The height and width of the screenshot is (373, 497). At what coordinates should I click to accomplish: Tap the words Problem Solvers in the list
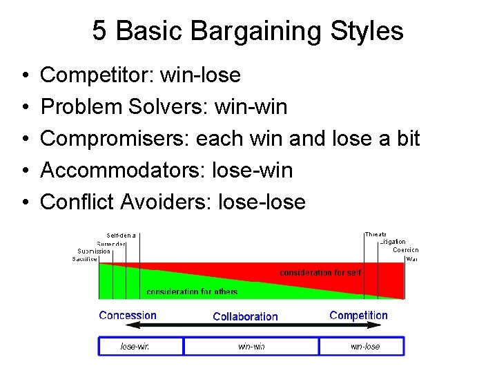pos(121,106)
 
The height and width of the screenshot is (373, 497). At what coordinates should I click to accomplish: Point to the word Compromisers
pos(114,138)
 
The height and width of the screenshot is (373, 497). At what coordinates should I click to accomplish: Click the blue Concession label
pos(128,316)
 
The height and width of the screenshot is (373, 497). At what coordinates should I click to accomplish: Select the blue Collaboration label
pos(245,317)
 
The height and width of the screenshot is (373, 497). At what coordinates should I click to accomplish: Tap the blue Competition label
pos(358,316)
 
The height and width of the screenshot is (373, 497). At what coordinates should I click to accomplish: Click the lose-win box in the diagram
pos(141,346)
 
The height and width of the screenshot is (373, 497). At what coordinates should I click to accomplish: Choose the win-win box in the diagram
pos(251,346)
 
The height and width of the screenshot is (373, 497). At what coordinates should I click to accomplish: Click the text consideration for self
pos(320,273)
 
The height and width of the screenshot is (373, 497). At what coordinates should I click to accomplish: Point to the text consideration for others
pos(192,292)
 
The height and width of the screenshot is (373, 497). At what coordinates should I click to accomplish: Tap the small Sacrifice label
pos(86,259)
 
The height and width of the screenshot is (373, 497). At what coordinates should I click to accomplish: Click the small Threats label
pos(376,235)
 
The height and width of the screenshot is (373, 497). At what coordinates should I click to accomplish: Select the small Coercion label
pos(405,250)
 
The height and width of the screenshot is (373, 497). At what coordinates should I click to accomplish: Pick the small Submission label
pos(94,251)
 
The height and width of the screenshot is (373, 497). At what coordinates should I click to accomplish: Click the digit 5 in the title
pos(99,32)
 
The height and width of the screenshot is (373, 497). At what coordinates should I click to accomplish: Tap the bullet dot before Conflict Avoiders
pos(24,202)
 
